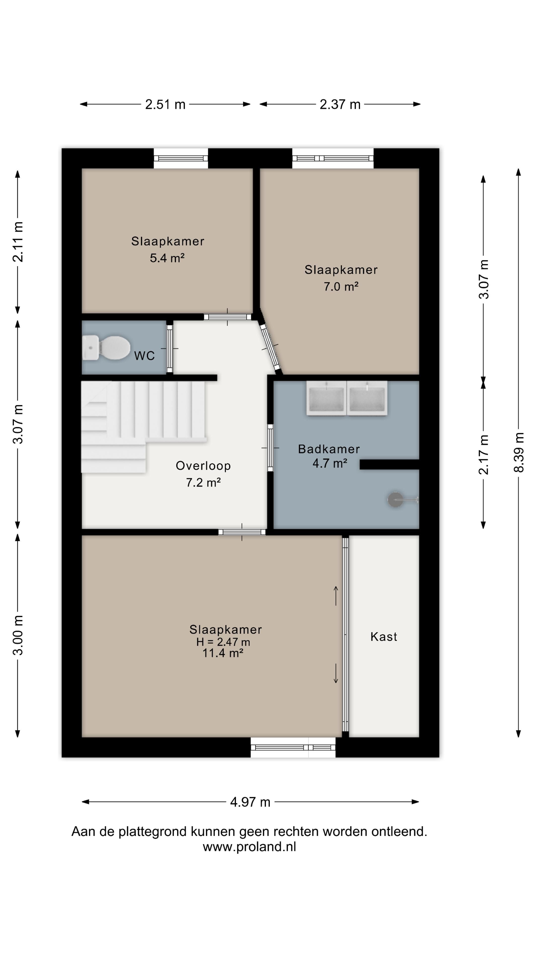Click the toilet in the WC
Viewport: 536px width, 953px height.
(x=106, y=347)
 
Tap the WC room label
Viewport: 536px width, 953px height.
(x=144, y=356)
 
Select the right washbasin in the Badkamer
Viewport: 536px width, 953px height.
(x=367, y=398)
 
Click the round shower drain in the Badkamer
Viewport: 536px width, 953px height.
(x=395, y=500)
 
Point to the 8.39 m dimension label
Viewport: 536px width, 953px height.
(x=519, y=452)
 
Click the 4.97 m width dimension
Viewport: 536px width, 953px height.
(x=250, y=802)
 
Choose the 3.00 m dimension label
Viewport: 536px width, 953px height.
(x=18, y=635)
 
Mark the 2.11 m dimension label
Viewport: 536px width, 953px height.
(x=18, y=242)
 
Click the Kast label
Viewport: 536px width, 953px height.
(x=384, y=637)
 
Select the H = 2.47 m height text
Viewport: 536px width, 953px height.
(x=223, y=642)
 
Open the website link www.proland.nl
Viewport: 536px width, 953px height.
(x=249, y=847)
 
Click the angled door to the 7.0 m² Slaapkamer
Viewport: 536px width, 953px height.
(x=270, y=347)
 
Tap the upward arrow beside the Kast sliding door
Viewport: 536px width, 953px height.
(x=336, y=596)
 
